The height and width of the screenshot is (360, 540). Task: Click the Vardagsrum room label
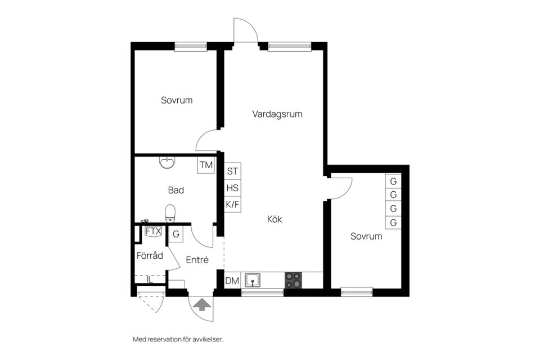[x=277, y=114]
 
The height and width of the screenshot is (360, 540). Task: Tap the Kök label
[x=274, y=219]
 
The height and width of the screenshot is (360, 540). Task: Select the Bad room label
[x=176, y=190]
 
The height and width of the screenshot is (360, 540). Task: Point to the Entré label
[x=197, y=260]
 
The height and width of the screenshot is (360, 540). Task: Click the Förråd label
[x=150, y=255]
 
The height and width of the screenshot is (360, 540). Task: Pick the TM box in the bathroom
[x=206, y=165]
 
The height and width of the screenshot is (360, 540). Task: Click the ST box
[x=232, y=171]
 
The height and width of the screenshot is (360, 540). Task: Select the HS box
[x=232, y=188]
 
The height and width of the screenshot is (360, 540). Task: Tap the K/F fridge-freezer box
[x=232, y=205]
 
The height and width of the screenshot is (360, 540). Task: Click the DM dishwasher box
[x=232, y=281]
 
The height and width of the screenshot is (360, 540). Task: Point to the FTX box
[x=153, y=231]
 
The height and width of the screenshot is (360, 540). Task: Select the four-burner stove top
[x=292, y=280]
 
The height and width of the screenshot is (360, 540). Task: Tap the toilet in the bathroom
[x=170, y=213]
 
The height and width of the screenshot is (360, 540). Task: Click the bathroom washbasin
[x=167, y=163]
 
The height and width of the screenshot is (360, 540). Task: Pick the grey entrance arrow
[x=202, y=304]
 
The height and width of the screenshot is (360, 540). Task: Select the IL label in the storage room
[x=149, y=279]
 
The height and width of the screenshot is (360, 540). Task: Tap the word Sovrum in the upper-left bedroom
[x=177, y=101]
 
